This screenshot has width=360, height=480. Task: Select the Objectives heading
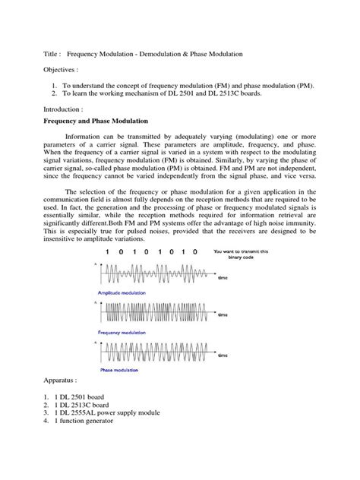59,77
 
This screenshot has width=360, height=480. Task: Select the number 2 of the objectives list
51,97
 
